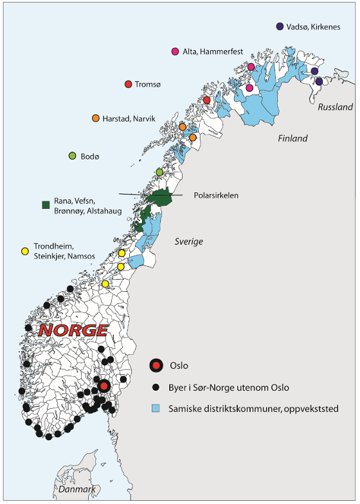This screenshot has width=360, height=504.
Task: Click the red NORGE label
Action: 73,330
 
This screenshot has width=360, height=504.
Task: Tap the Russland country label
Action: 335,107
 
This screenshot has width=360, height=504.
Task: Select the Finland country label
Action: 292,138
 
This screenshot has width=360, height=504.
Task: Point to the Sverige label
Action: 188,241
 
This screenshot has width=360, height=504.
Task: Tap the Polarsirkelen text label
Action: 216,195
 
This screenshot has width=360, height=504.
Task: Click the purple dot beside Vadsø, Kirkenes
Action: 280,26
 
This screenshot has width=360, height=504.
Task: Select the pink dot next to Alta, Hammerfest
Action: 175,51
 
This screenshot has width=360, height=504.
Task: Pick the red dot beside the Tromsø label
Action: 128,84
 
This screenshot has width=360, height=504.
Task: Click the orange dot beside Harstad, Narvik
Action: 96,118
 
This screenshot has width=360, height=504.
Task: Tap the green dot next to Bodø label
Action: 73,156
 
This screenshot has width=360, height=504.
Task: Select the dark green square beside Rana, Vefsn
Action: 46,205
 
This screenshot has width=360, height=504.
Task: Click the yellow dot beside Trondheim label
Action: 25,251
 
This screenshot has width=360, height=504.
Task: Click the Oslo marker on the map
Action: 104,386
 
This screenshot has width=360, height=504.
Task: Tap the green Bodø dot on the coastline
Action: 160,172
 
